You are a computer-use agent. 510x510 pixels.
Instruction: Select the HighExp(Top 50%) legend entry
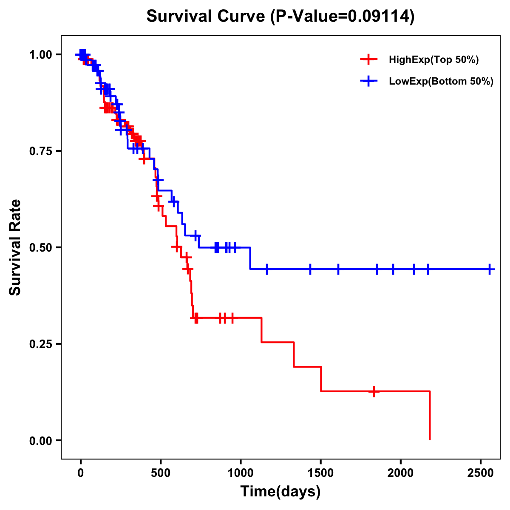[433, 59]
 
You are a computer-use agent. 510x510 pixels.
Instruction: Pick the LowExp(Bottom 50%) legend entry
[441, 81]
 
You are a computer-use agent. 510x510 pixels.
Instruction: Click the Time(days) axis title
[280, 492]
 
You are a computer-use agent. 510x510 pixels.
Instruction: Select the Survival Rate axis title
[15, 247]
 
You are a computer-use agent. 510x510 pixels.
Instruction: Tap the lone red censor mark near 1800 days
[374, 391]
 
